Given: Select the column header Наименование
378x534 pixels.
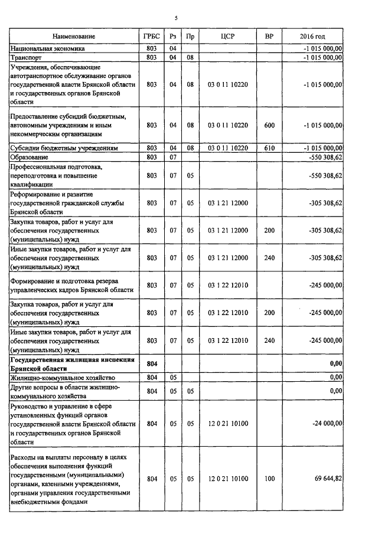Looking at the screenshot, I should [74, 37].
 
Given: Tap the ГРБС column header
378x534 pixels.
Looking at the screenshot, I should [151, 37].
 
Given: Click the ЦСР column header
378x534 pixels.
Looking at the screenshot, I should [227, 37].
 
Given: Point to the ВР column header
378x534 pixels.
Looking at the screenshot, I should [269, 37].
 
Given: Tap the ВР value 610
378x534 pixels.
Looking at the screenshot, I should [269, 148].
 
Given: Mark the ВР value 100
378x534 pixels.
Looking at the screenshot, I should [269, 479].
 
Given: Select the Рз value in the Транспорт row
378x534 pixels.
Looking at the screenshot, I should [173, 58].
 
